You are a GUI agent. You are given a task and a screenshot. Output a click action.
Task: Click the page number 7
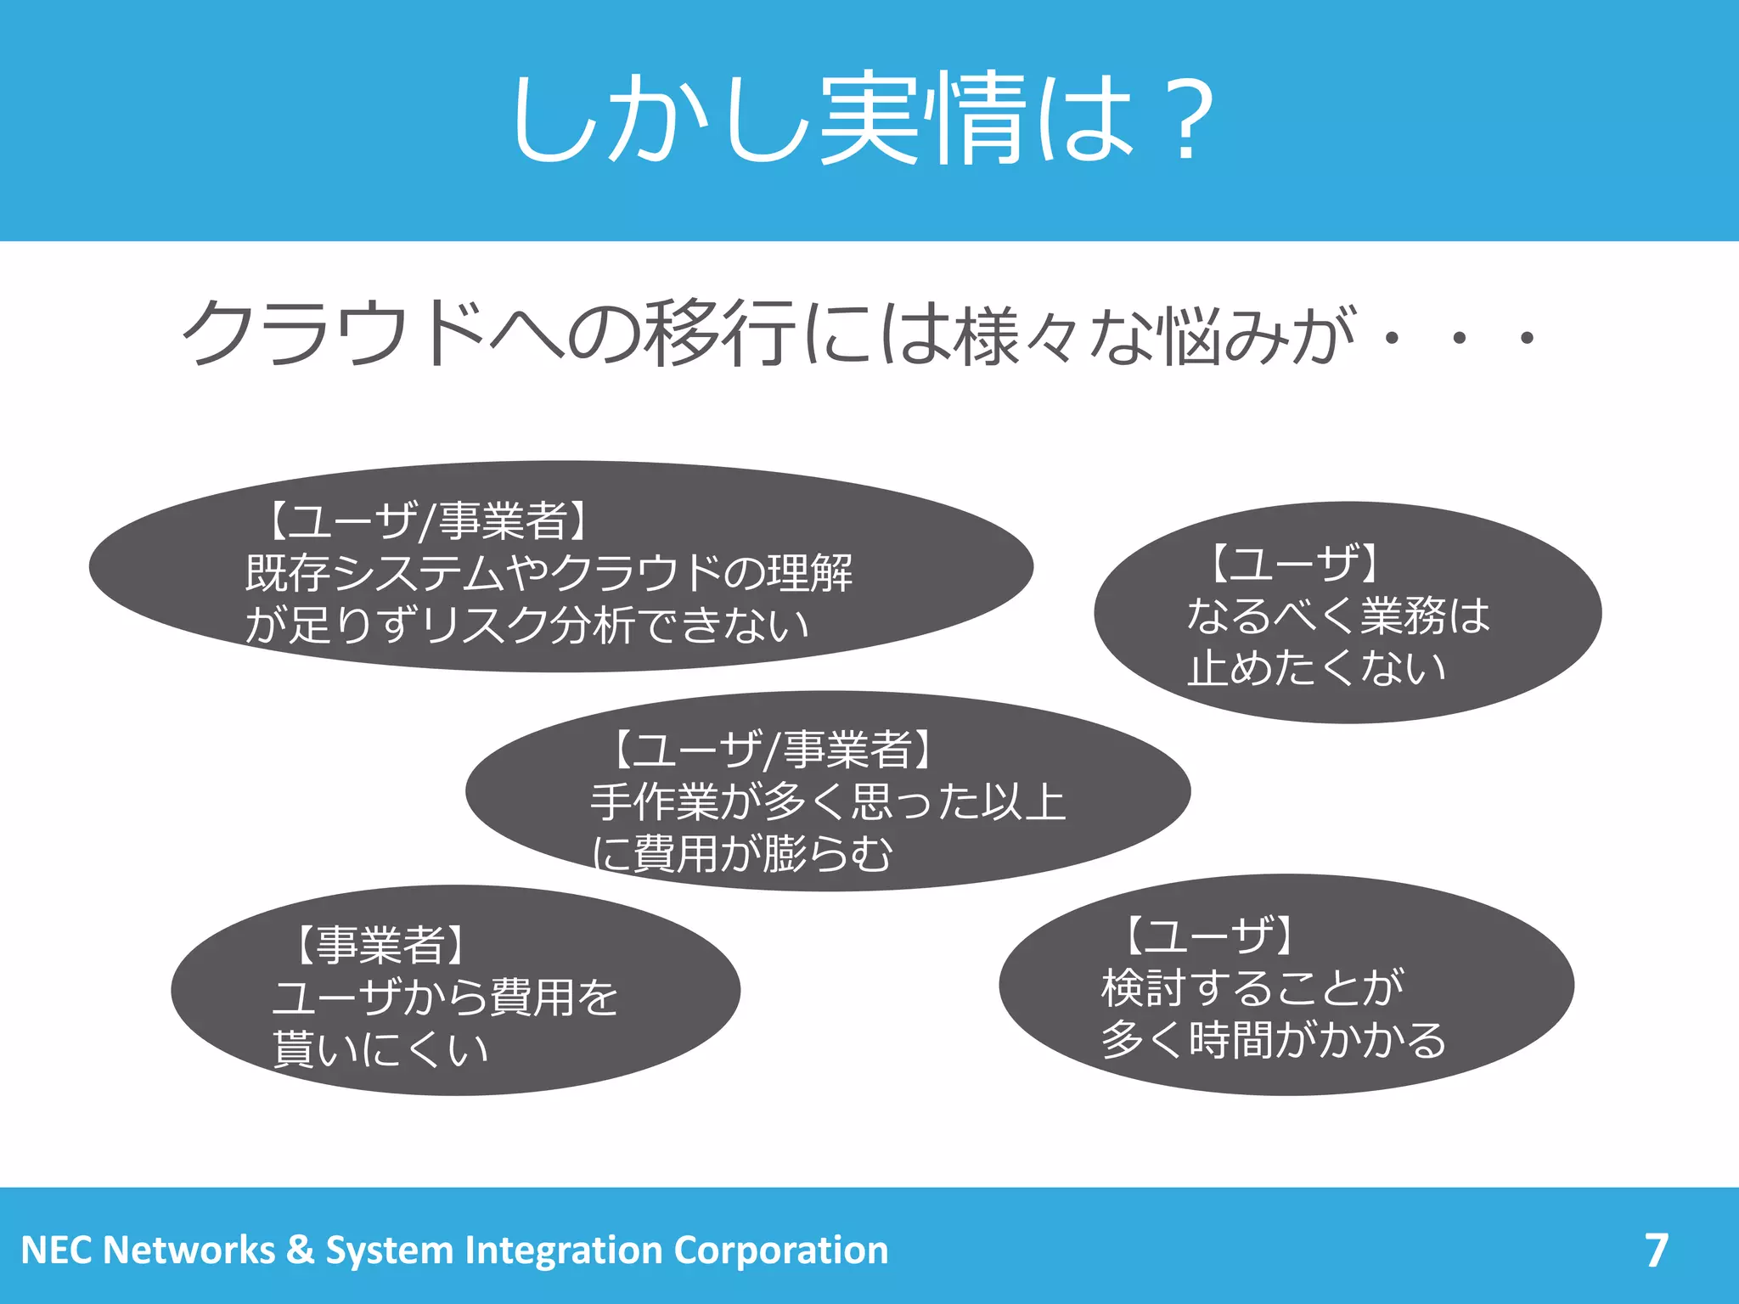(x=1656, y=1250)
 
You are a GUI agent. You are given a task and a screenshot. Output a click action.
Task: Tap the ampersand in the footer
(x=300, y=1251)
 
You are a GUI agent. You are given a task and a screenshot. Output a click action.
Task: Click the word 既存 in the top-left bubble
(x=288, y=573)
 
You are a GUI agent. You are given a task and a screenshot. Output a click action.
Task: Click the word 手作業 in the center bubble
(x=655, y=802)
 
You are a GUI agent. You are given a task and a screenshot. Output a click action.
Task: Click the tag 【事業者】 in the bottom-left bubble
(x=380, y=945)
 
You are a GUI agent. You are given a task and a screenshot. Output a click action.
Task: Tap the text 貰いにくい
(x=380, y=1049)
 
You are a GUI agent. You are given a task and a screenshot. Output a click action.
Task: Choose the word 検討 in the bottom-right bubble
(x=1144, y=988)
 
